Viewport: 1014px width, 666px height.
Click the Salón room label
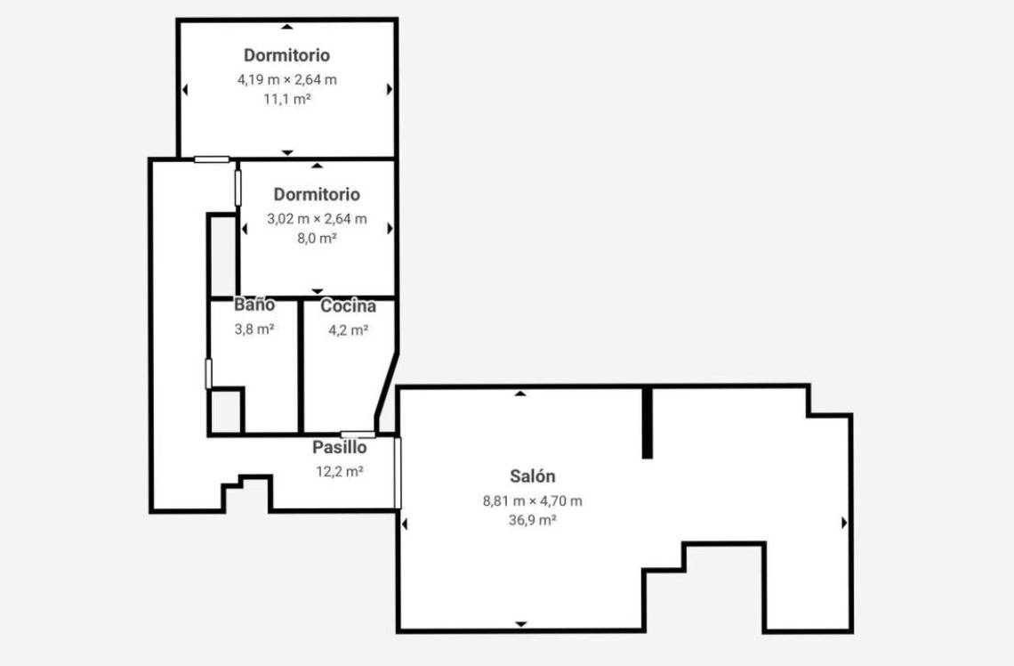click(532, 476)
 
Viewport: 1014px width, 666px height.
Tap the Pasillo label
click(340, 447)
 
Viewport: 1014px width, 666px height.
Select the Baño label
click(254, 305)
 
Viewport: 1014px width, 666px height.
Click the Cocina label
click(348, 305)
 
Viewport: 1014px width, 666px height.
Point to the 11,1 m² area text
click(287, 99)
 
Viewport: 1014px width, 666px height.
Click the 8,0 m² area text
click(317, 239)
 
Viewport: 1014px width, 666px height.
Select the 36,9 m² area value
click(532, 520)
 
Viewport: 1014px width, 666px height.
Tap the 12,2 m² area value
click(340, 471)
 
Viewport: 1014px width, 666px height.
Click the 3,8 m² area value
click(254, 329)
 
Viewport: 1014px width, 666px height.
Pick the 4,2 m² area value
click(348, 330)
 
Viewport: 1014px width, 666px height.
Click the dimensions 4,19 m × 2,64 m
click(287, 79)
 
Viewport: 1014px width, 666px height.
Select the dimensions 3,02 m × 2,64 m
click(317, 219)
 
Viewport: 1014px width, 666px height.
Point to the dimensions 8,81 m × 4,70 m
click(532, 501)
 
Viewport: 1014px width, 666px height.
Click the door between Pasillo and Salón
click(398, 473)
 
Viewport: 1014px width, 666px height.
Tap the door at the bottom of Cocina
click(358, 435)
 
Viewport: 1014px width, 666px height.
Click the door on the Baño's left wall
click(208, 374)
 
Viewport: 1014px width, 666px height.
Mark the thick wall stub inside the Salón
click(648, 423)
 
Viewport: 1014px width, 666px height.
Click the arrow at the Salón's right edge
click(844, 523)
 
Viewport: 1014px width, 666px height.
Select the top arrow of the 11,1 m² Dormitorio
click(287, 27)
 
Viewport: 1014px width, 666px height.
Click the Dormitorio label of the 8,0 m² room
click(317, 194)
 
